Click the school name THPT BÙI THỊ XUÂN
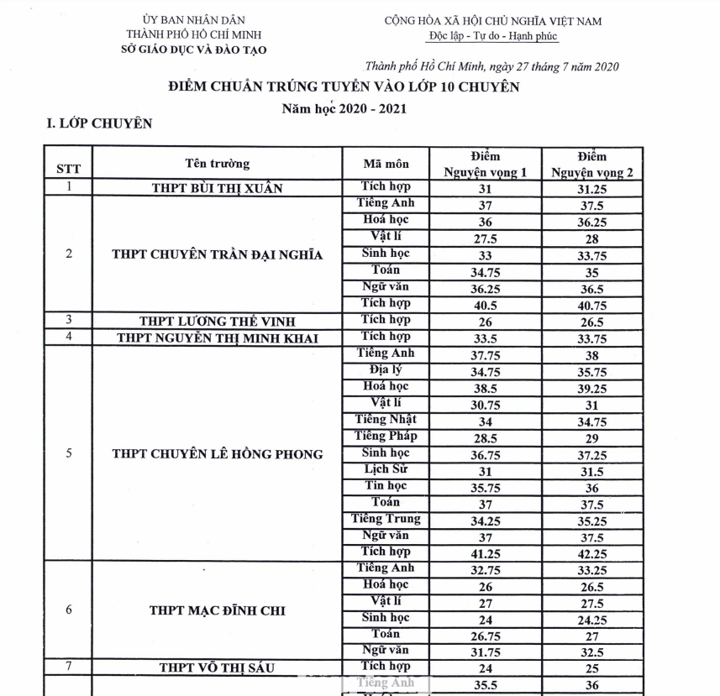217,189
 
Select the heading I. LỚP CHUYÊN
100,124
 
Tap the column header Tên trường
217,164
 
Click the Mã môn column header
386,163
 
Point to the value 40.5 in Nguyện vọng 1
486,306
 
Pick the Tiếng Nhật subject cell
386,420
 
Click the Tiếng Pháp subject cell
386,437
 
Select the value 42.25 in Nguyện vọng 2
591,554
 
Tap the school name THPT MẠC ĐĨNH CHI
217,610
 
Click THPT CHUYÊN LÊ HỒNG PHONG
217,454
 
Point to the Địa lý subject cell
386,369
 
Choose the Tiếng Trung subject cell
386,519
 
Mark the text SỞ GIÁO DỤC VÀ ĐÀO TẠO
193,49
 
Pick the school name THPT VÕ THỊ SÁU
217,668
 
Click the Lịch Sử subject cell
386,469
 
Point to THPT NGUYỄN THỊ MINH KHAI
217,338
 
